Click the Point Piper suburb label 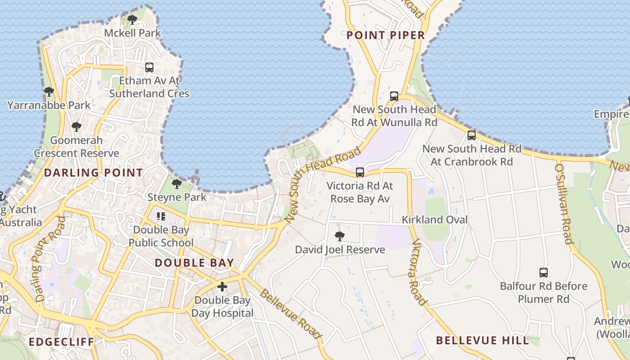[x=386, y=35]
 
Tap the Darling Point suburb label [x=93, y=172]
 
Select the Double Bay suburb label [x=194, y=263]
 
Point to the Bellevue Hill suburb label [x=482, y=340]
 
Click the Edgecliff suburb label [x=61, y=342]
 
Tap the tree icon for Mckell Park [x=132, y=20]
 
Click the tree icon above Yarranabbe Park [x=49, y=92]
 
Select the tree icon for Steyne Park [x=177, y=184]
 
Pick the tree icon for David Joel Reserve [x=340, y=236]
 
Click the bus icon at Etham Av [x=149, y=67]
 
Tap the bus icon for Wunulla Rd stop [x=394, y=96]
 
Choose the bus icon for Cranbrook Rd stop [x=472, y=135]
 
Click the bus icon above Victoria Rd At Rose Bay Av [x=360, y=172]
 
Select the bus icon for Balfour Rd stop [x=544, y=272]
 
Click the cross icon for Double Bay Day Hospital [x=222, y=287]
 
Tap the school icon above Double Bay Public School [x=161, y=216]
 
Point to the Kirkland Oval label [x=435, y=220]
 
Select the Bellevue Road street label [x=291, y=313]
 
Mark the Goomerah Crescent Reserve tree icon [x=76, y=126]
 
